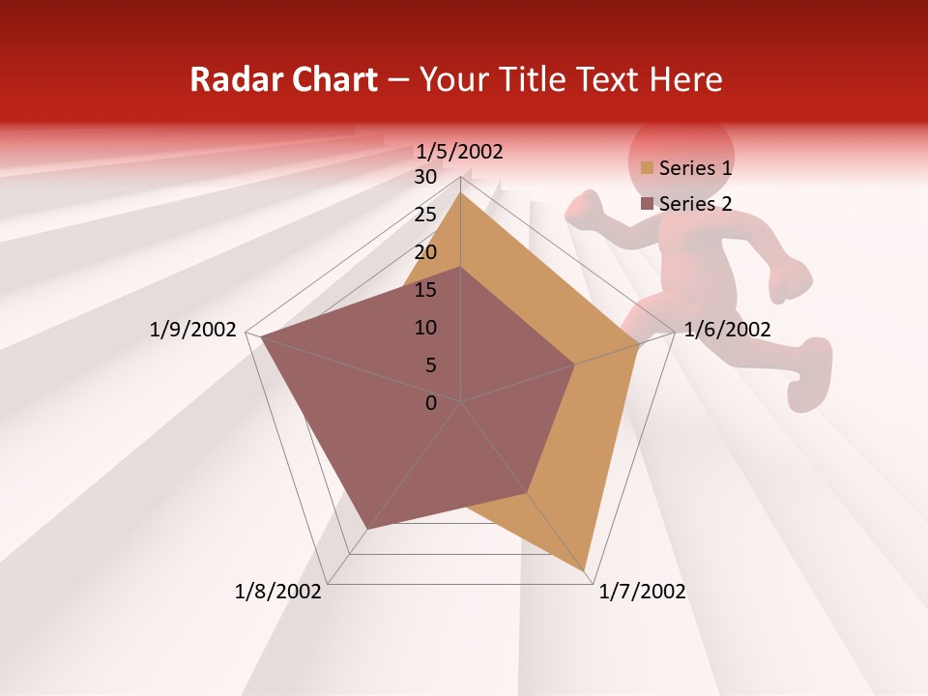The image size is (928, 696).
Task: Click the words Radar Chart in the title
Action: click(283, 79)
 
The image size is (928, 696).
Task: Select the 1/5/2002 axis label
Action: click(459, 152)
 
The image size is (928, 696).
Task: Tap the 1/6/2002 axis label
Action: click(727, 330)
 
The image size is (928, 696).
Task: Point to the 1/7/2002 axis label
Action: click(642, 592)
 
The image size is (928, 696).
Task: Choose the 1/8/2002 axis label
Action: click(278, 592)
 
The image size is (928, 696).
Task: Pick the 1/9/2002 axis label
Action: click(192, 330)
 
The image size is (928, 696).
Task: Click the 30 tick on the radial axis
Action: click(425, 177)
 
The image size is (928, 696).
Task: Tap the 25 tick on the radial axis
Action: click(425, 215)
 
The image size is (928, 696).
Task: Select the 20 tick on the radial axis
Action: click(425, 252)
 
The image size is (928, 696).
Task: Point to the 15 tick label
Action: click(425, 290)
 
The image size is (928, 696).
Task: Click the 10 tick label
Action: click(425, 328)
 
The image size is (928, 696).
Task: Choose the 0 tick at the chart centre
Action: click(431, 403)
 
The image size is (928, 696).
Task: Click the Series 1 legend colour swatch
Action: click(647, 168)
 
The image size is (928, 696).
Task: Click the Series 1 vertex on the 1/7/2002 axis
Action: click(585, 572)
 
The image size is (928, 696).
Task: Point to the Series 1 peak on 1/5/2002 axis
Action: click(460, 192)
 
